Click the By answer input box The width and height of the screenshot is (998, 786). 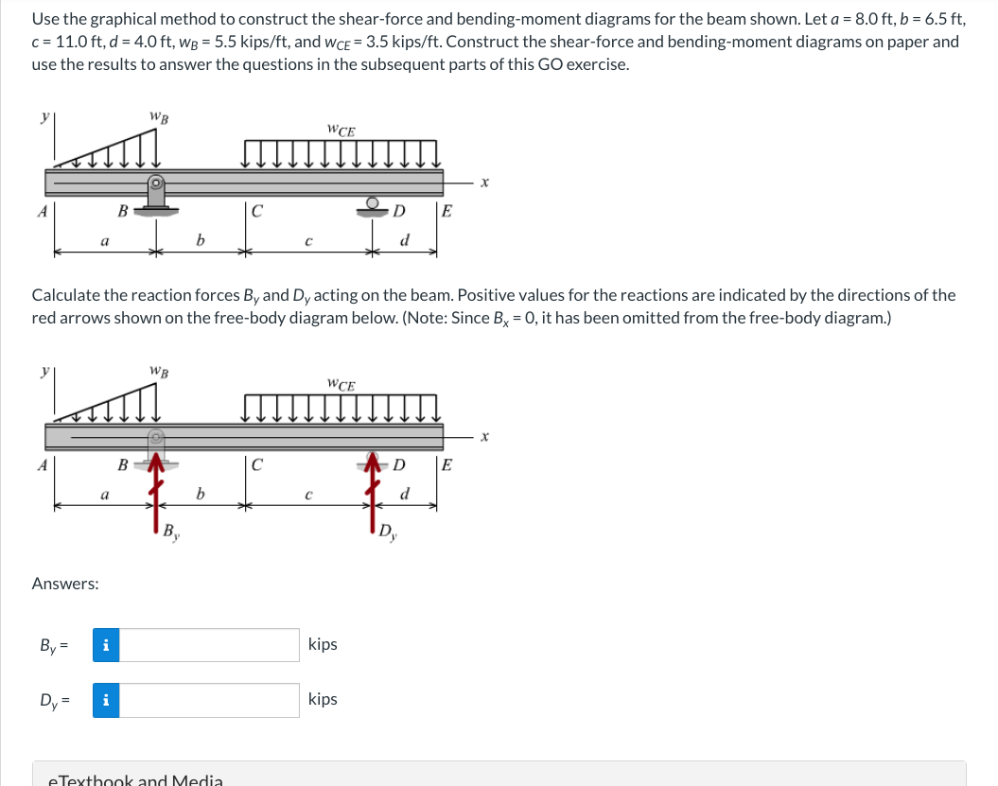coord(209,645)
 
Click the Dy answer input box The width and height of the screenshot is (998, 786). coord(209,700)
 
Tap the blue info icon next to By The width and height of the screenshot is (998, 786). coord(105,645)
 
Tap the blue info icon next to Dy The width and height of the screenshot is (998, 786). coord(105,700)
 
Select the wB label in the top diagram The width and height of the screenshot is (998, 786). coord(159,116)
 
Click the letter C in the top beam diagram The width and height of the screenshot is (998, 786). coord(256,211)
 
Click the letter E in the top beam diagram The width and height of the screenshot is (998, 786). coord(446,211)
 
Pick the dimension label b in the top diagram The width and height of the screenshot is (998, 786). coord(200,240)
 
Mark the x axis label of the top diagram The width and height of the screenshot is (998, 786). coord(484,182)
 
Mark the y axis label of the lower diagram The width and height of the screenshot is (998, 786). coord(43,372)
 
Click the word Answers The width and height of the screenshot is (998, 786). coord(65,584)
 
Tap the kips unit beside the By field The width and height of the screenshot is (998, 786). coord(323,644)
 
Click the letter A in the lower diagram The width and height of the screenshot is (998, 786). coord(42,465)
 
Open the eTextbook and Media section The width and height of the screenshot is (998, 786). coord(135,779)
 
